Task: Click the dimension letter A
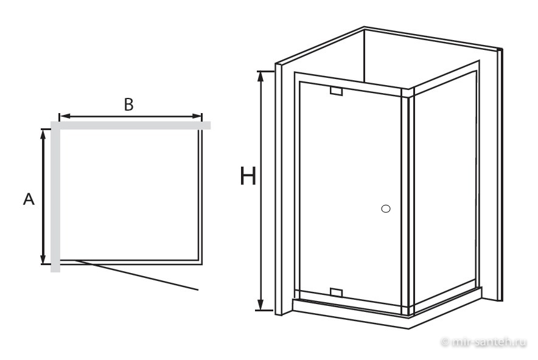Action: click(29, 199)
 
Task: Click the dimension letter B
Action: click(128, 105)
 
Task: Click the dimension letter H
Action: click(248, 176)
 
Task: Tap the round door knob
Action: click(386, 209)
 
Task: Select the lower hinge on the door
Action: click(336, 292)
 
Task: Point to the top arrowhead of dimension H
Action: click(260, 77)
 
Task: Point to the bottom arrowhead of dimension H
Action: click(260, 305)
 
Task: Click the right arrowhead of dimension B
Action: click(197, 116)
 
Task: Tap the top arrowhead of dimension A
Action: click(43, 135)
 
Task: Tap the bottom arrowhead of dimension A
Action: click(43, 258)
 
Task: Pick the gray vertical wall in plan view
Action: click(55, 197)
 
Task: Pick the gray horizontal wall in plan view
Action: click(130, 125)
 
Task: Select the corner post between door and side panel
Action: click(408, 202)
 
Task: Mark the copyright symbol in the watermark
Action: click(445, 342)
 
